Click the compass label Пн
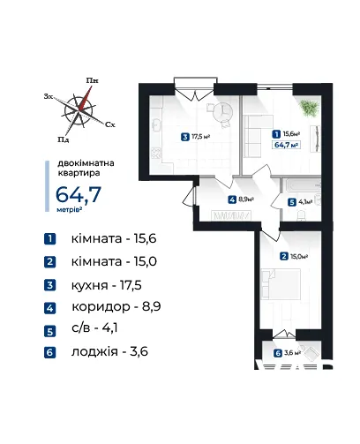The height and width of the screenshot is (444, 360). click(x=92, y=80)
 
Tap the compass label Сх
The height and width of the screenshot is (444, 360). click(x=110, y=124)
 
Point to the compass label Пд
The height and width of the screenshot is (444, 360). click(x=64, y=139)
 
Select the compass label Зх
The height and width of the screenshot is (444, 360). click(x=49, y=96)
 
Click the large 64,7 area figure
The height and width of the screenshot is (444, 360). click(x=79, y=194)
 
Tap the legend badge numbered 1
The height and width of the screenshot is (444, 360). click(x=50, y=238)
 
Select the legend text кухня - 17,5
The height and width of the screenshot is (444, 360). click(x=107, y=285)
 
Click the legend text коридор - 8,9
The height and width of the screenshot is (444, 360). click(x=116, y=306)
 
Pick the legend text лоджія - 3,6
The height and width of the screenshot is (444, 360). click(x=109, y=351)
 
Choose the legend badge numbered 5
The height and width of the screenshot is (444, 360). click(x=50, y=332)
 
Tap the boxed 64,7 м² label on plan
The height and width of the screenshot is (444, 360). click(x=287, y=145)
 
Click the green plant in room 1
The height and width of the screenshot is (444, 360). click(x=309, y=109)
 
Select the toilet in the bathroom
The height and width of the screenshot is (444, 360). click(x=302, y=215)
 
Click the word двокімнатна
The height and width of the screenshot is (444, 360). click(x=86, y=163)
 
